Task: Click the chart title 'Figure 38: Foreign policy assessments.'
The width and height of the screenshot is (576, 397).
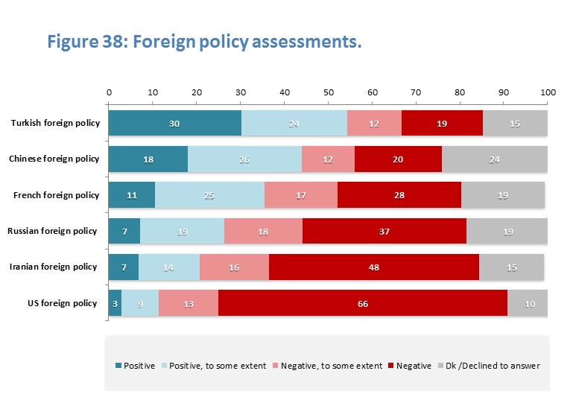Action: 204,42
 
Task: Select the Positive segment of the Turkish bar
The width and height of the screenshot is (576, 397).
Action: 175,124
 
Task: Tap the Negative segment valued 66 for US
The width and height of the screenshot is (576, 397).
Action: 363,303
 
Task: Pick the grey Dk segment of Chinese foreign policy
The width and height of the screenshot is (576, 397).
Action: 495,159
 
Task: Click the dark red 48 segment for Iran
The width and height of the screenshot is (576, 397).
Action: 374,267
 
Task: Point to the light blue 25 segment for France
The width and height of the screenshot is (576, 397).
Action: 209,195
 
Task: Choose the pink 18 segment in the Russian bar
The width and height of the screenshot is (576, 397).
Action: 263,231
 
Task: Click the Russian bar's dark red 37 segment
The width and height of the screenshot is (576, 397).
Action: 384,231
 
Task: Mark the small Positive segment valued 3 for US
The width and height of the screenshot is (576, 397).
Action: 115,303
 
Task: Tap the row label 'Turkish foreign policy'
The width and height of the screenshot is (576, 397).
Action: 54,124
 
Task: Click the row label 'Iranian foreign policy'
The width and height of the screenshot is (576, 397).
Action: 52,267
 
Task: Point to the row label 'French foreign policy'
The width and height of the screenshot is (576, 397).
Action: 56,195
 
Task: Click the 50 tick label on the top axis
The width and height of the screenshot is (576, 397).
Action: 329,93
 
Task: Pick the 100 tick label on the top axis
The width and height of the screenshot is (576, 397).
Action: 548,93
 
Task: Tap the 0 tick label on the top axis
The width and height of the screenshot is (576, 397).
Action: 110,93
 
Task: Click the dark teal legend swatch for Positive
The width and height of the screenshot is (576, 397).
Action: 118,366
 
